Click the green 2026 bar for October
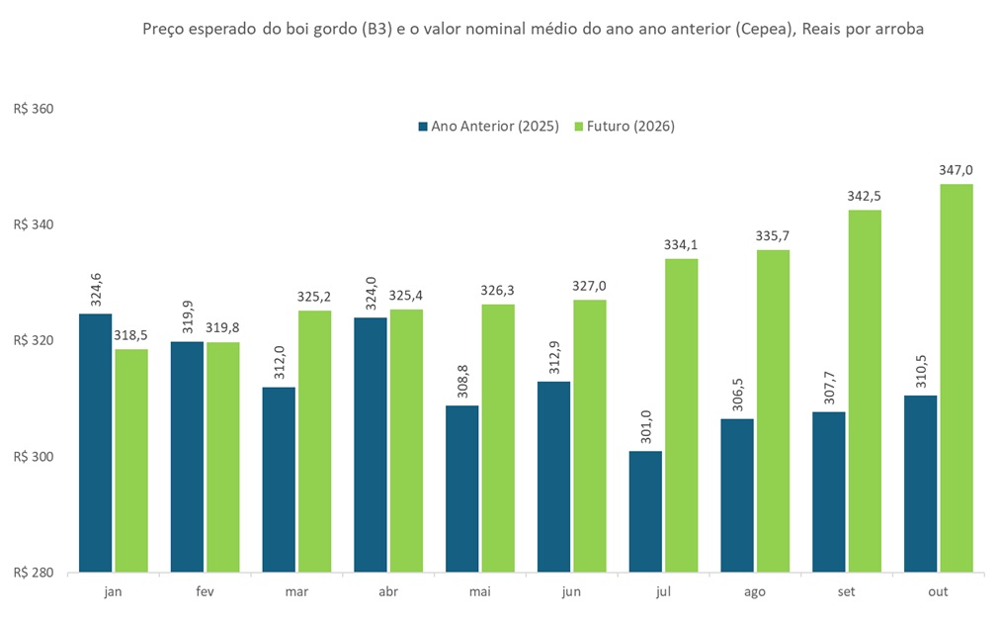[x=956, y=378]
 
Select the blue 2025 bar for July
[x=645, y=511]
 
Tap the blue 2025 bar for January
[x=95, y=442]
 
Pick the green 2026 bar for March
[x=314, y=441]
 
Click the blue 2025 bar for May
[x=461, y=489]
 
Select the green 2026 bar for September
[x=864, y=391]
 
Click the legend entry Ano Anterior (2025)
[x=489, y=127]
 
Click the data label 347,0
[x=956, y=170]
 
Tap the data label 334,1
[x=681, y=245]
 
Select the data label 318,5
[x=131, y=335]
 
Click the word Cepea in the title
[x=774, y=29]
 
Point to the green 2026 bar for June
[x=589, y=436]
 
